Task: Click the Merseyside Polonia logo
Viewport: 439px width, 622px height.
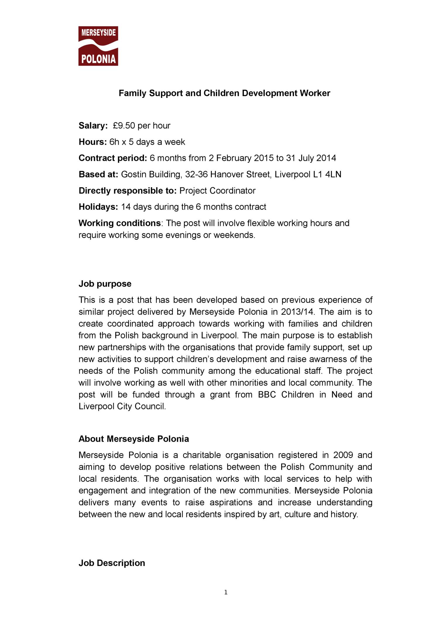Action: (x=98, y=46)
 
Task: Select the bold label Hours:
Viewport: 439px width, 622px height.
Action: (x=93, y=142)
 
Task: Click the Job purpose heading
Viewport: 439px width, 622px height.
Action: (x=105, y=284)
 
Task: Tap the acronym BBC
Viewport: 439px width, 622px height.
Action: (x=267, y=395)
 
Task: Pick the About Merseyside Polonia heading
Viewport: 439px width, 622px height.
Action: (x=134, y=439)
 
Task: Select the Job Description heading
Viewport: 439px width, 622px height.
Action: (x=112, y=563)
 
